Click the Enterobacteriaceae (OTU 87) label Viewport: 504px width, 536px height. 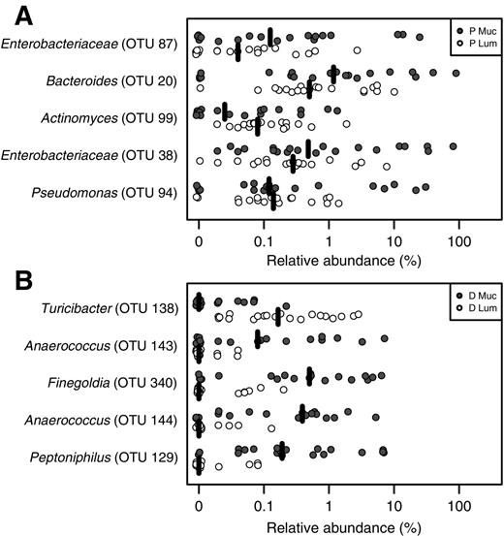click(x=90, y=45)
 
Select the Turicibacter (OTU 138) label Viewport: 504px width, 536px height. click(x=110, y=307)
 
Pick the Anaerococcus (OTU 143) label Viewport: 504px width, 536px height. click(x=106, y=345)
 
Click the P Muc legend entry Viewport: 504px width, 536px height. click(x=472, y=30)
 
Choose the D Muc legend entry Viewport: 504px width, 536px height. click(x=472, y=294)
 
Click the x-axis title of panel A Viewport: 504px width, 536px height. click(x=330, y=259)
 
